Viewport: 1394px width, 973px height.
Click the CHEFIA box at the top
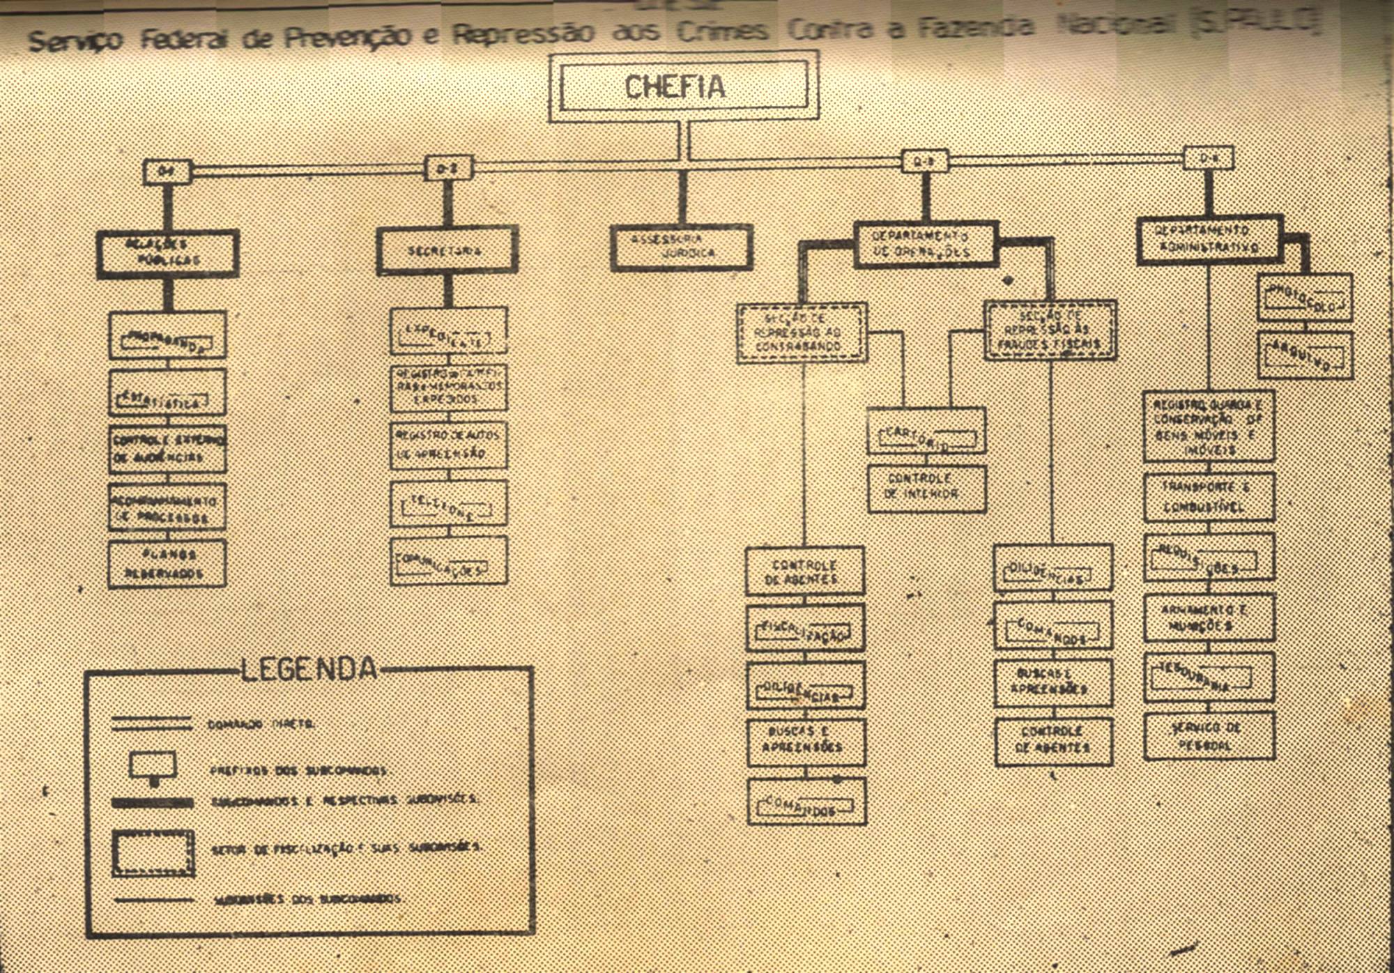683,86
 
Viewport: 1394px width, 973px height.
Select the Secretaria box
447,250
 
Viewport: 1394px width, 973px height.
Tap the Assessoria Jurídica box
681,247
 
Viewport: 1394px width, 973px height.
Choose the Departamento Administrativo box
1209,239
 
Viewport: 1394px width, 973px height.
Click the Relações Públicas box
167,252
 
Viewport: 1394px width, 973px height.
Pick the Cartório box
926,431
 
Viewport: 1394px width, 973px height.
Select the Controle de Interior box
926,488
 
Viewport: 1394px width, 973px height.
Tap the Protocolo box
1305,298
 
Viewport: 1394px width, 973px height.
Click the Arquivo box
1305,355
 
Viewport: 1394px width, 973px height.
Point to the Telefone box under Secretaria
448,503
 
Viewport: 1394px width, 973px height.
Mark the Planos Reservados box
167,564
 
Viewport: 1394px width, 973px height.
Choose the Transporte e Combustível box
1209,497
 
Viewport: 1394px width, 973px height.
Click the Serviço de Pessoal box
1209,735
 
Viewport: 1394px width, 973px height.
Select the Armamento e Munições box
1209,618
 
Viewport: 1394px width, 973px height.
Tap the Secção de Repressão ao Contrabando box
802,332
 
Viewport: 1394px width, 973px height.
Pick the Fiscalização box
805,628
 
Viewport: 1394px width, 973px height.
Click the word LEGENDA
309,669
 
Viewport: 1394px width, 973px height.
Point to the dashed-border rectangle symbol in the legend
153,852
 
